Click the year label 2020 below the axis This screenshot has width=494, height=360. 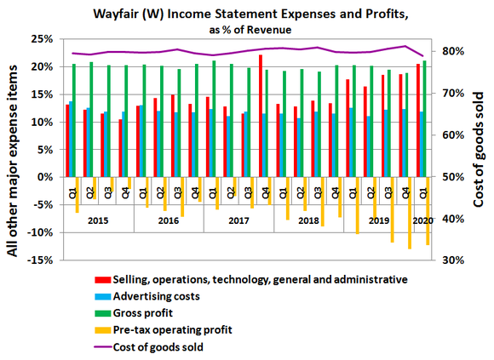[422, 220]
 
